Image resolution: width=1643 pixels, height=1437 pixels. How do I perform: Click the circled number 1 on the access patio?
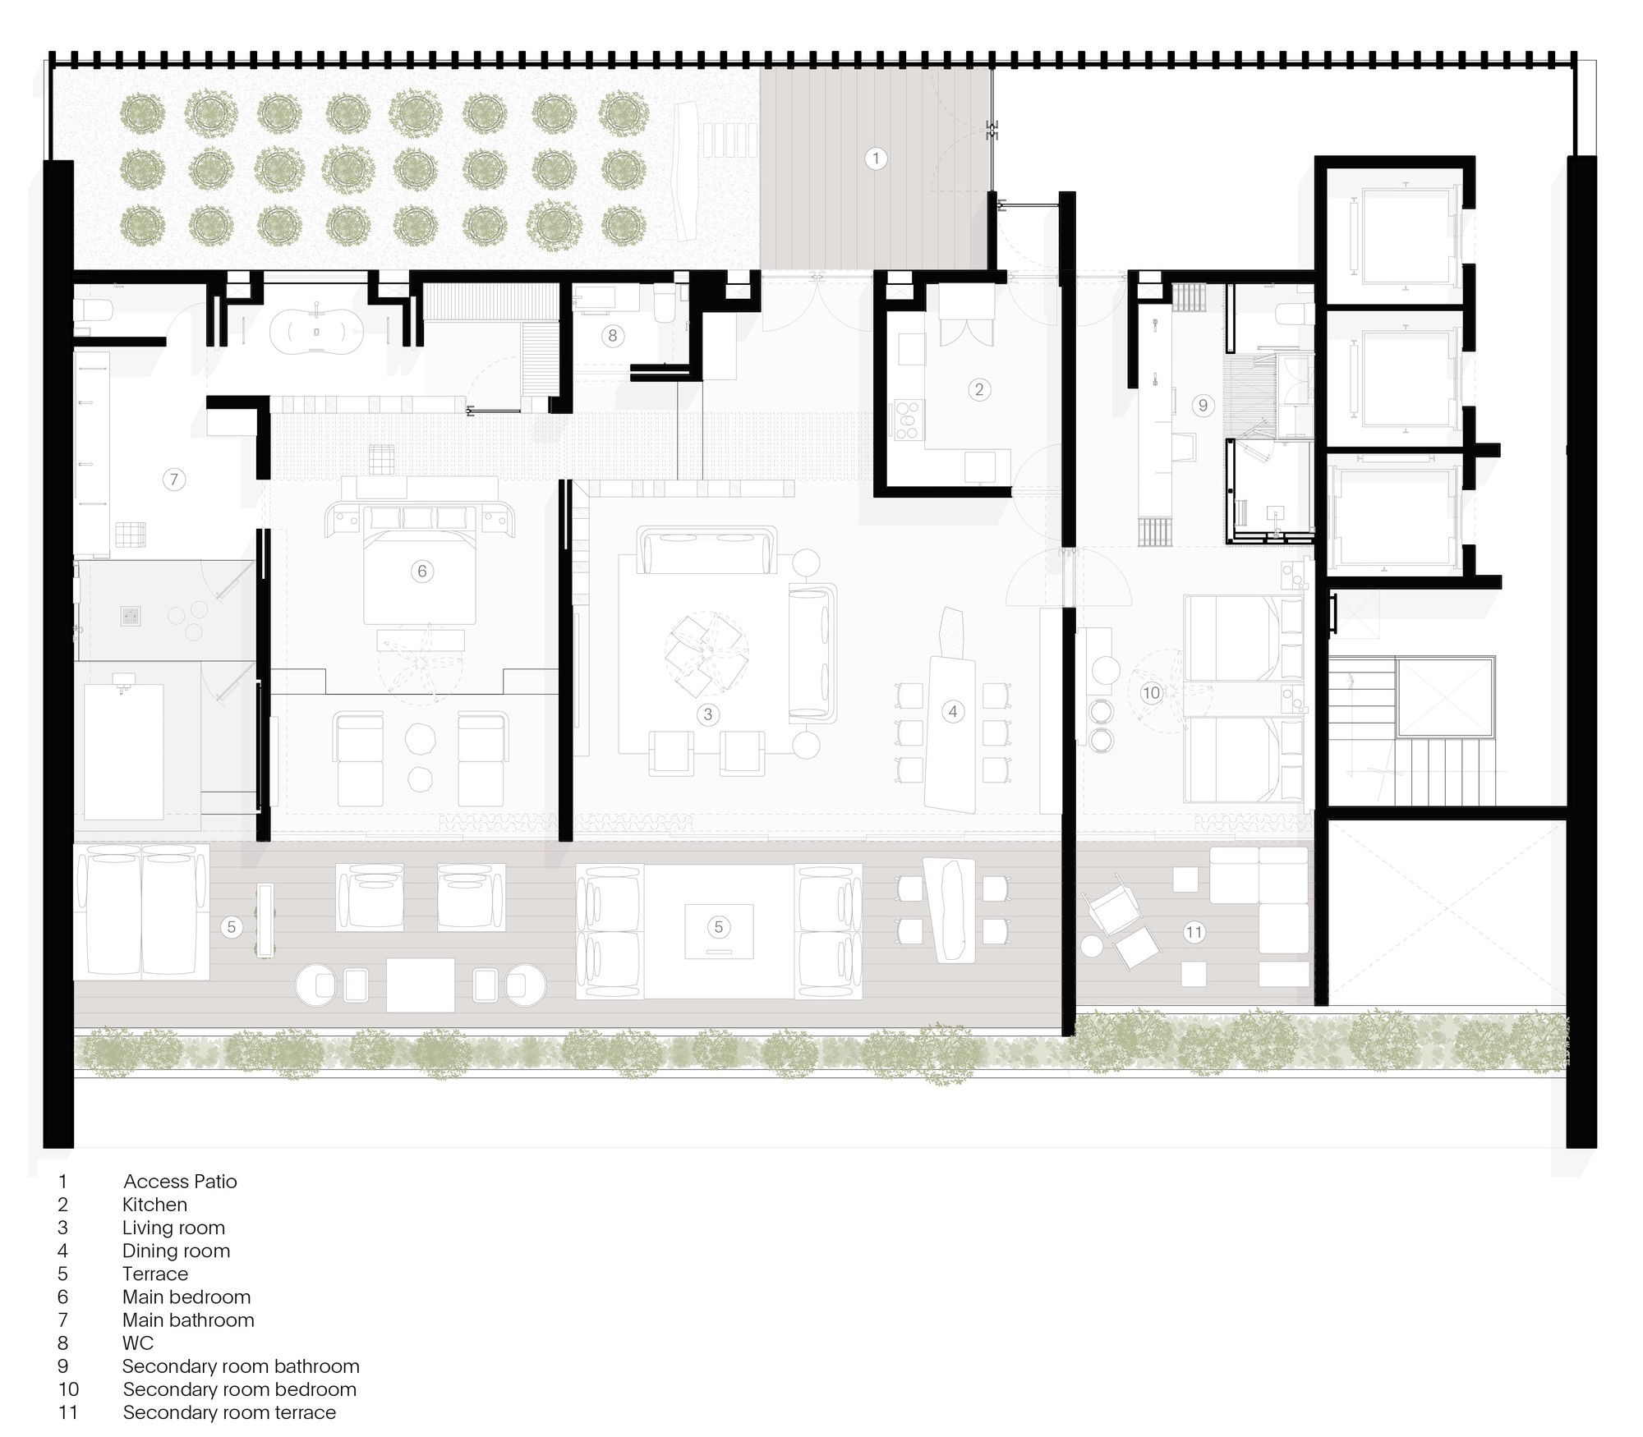pos(876,158)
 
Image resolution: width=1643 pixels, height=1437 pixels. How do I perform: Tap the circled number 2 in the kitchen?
pos(978,389)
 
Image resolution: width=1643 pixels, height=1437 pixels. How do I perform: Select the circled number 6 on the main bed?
pos(422,571)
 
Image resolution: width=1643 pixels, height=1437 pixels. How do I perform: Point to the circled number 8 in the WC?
pos(612,335)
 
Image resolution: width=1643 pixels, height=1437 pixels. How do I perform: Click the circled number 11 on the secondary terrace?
pos(1194,932)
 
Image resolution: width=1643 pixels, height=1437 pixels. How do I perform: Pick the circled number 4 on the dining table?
pos(953,711)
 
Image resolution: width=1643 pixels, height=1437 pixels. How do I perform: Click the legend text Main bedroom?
pos(186,1297)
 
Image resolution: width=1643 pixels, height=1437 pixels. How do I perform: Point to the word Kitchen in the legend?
pos(154,1205)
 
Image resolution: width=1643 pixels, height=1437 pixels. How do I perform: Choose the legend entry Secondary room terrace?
pos(229,1412)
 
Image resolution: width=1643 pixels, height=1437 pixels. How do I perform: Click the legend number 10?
pos(68,1389)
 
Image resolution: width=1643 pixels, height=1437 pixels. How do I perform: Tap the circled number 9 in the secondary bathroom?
pos(1203,405)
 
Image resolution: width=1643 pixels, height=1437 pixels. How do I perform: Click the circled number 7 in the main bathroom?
pos(173,480)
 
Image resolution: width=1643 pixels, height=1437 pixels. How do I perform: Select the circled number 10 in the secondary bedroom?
pos(1151,693)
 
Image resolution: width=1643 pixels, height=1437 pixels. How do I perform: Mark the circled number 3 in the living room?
pos(708,714)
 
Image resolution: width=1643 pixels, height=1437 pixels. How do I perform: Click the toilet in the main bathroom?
pos(93,310)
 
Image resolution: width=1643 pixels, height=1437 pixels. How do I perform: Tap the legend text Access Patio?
pos(180,1182)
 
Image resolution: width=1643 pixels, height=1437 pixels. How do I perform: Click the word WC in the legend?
pos(138,1343)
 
